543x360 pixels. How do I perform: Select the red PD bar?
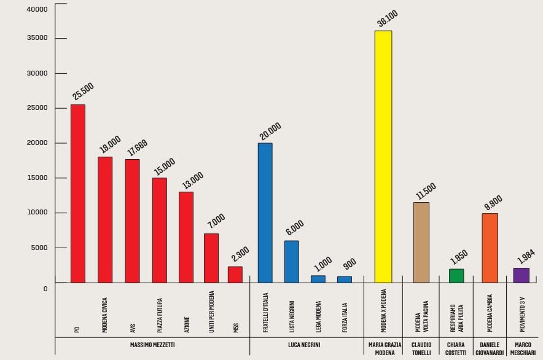coord(78,194)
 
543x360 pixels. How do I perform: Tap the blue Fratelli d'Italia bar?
coord(265,213)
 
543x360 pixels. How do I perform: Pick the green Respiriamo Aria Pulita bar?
coord(456,275)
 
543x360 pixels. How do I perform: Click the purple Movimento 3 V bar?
coord(521,275)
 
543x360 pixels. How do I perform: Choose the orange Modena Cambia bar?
coord(490,248)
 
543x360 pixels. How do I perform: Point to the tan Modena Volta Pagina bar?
coord(421,242)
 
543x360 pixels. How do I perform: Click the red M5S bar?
coord(235,274)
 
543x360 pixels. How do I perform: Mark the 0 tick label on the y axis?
coord(45,289)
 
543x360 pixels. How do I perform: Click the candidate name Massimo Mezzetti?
coord(152,345)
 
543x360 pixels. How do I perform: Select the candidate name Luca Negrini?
coord(305,345)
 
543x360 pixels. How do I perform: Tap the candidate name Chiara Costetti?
coord(455,348)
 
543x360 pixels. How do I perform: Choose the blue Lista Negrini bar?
coord(291,261)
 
